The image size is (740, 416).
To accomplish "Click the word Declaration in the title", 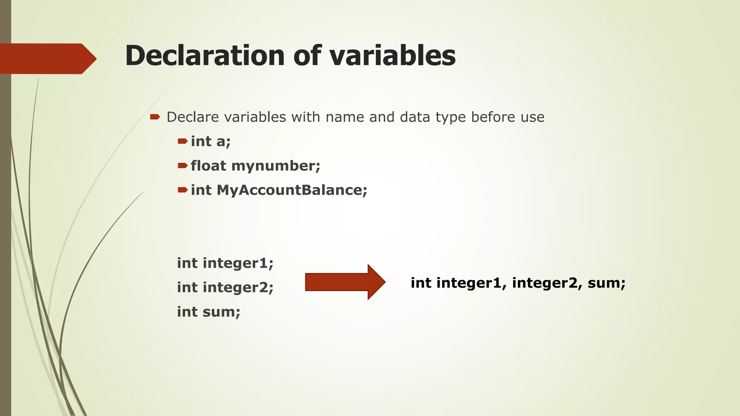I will click(x=205, y=56).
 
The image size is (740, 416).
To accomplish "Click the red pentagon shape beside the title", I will click(x=47, y=58).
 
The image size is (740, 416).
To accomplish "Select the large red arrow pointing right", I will click(x=345, y=282).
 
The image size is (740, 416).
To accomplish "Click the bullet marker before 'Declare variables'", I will click(x=155, y=117).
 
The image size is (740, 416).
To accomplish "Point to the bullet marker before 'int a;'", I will click(x=182, y=141).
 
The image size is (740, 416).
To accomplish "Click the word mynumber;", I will click(x=276, y=166).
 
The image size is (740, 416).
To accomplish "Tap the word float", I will click(x=208, y=166).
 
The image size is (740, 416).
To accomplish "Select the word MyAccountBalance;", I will click(x=292, y=190).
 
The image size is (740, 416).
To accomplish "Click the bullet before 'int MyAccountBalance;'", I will click(x=182, y=190).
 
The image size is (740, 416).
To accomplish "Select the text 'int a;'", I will click(x=211, y=142).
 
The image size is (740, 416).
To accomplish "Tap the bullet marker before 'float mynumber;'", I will click(x=182, y=166).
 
